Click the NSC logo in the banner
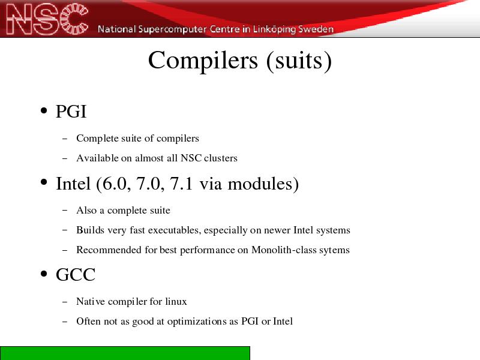point(47,19)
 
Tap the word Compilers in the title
point(203,61)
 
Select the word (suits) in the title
point(299,61)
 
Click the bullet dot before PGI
point(44,110)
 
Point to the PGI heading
point(71,111)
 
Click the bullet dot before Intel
point(44,182)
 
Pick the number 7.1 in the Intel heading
point(181,184)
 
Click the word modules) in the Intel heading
point(263,184)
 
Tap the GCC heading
point(76,274)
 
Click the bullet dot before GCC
point(44,274)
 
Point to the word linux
point(176,302)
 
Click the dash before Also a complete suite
point(65,211)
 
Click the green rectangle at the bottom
point(125,353)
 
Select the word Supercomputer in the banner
point(172,29)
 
